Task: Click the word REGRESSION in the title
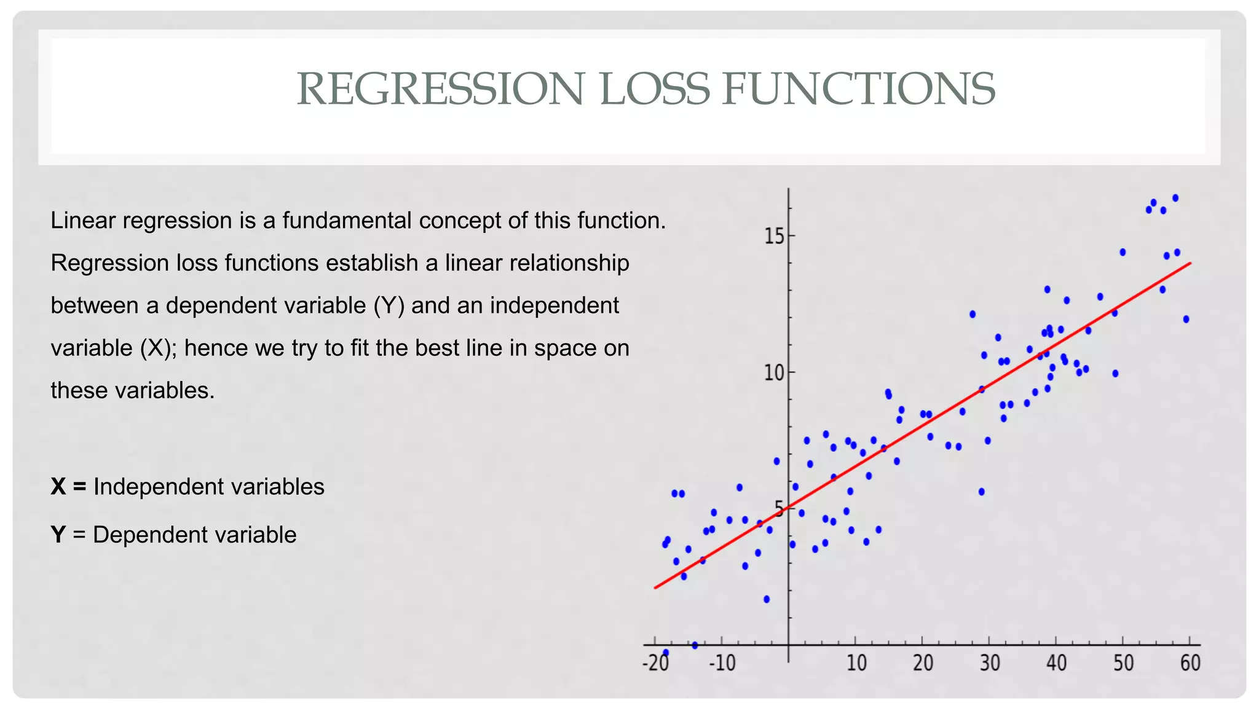pos(440,89)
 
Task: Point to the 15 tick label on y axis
pos(774,236)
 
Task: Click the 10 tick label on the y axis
pos(774,372)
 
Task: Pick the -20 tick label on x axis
pos(655,664)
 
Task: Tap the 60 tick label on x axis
pos(1190,664)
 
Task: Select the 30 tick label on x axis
pos(990,664)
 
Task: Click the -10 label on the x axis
pos(722,664)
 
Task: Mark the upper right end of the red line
pos(1190,264)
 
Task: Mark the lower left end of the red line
pos(656,588)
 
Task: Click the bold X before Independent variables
pos(58,487)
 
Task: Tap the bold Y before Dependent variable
pos(58,535)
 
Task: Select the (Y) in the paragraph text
pos(389,305)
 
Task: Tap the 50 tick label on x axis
pos(1124,664)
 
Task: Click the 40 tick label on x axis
pos(1057,664)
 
